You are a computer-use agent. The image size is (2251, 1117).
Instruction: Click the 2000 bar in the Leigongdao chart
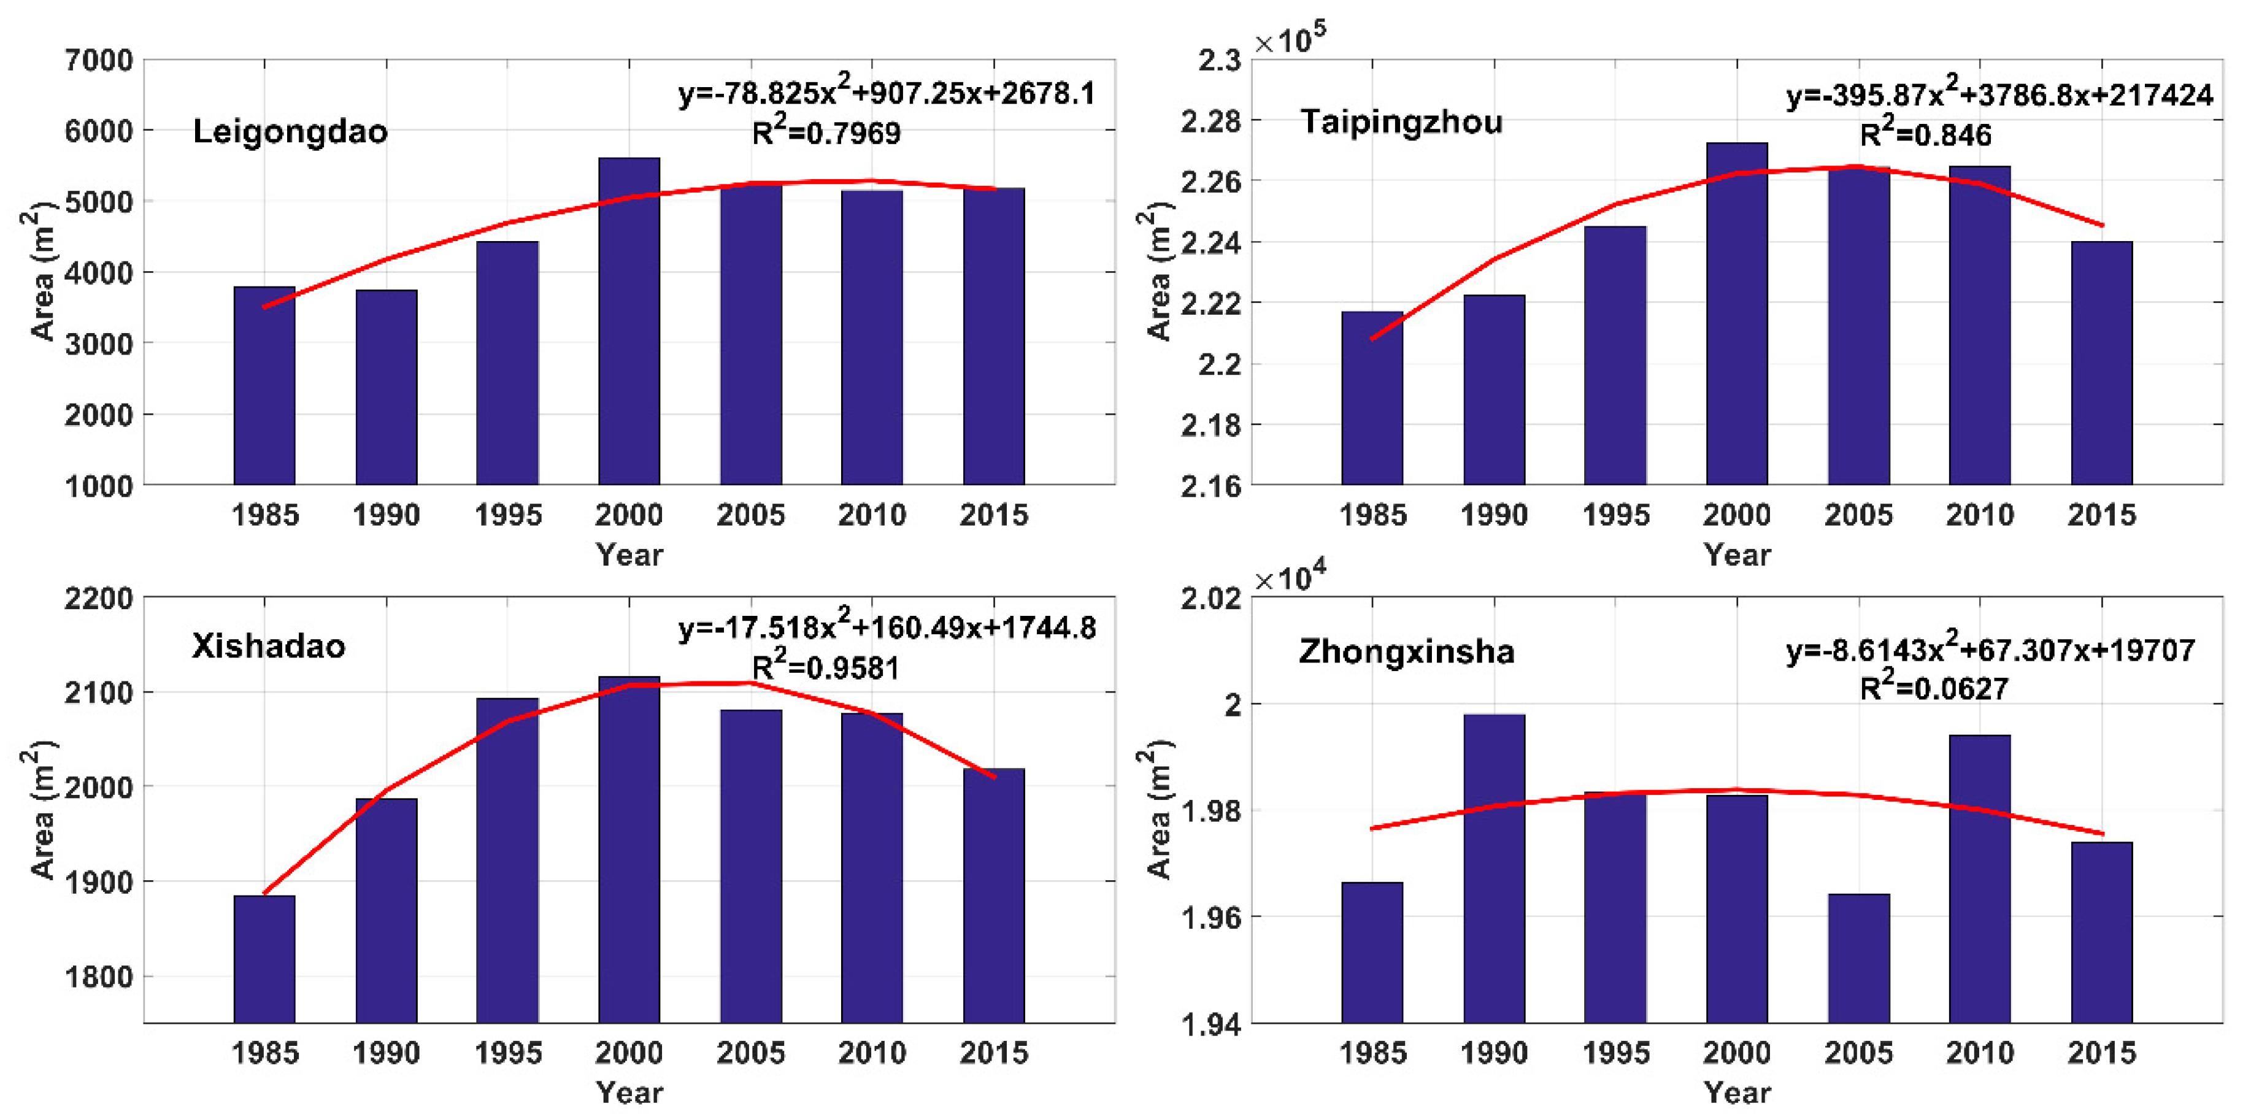628,323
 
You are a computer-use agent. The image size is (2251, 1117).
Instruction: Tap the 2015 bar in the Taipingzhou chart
2101,363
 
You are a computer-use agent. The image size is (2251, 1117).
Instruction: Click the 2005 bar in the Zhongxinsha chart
1858,958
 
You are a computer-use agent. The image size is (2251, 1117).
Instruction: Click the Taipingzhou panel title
1401,121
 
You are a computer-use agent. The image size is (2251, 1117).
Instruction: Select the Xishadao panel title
268,647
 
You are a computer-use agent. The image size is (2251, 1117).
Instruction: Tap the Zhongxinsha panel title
1406,651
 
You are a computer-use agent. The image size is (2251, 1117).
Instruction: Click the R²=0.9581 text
825,667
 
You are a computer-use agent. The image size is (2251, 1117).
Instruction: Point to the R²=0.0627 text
1933,688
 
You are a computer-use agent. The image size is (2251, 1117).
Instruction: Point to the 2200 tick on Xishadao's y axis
99,599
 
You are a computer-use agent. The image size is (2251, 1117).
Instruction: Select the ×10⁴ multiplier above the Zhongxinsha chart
1290,577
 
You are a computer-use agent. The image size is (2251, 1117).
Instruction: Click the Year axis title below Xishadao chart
629,1092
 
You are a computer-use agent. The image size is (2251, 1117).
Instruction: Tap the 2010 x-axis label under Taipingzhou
1979,515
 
